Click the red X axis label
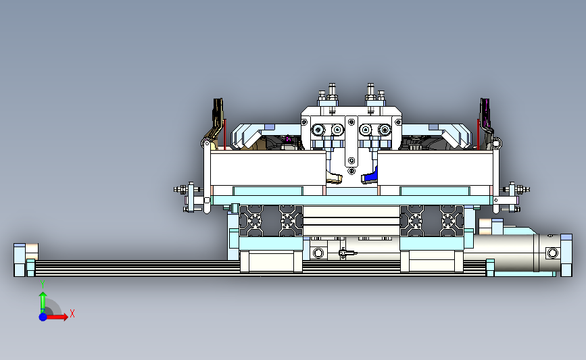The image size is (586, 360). [72, 313]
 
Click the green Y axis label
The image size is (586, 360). [43, 284]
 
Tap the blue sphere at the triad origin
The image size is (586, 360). [43, 317]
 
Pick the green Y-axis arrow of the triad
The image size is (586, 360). [43, 303]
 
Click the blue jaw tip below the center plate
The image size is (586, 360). [369, 176]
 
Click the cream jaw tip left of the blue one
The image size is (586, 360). [334, 177]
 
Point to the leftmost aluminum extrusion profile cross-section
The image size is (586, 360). [255, 221]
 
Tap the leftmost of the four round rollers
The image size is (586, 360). [318, 130]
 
